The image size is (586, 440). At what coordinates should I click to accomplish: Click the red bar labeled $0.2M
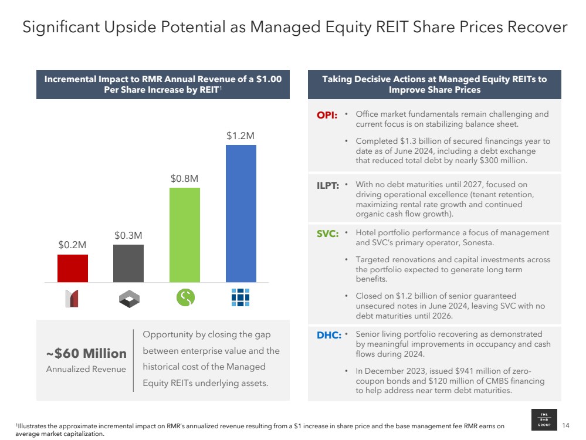pyautogui.click(x=73, y=268)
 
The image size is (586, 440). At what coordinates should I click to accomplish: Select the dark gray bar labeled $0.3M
pyautogui.click(x=128, y=263)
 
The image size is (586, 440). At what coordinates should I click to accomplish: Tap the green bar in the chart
pyautogui.click(x=184, y=235)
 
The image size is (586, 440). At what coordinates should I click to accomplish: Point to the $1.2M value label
pyautogui.click(x=241, y=136)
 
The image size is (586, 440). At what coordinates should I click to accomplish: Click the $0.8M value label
pyautogui.click(x=184, y=178)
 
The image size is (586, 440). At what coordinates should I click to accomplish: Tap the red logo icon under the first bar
pyautogui.click(x=72, y=299)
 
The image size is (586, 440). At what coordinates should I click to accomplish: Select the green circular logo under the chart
pyautogui.click(x=185, y=298)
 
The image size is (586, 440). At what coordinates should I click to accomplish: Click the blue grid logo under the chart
pyautogui.click(x=241, y=298)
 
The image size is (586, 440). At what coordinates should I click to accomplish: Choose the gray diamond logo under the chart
pyautogui.click(x=128, y=299)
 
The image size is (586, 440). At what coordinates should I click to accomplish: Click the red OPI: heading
pyautogui.click(x=327, y=115)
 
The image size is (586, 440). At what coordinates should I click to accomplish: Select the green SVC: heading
pyautogui.click(x=327, y=233)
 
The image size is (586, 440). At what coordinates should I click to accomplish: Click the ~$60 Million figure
pyautogui.click(x=86, y=353)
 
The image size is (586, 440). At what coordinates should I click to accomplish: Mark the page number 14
pyautogui.click(x=566, y=425)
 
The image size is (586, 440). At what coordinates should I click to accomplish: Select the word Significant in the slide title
pyautogui.click(x=60, y=27)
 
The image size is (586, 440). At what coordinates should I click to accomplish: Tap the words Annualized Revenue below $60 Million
pyautogui.click(x=86, y=369)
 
